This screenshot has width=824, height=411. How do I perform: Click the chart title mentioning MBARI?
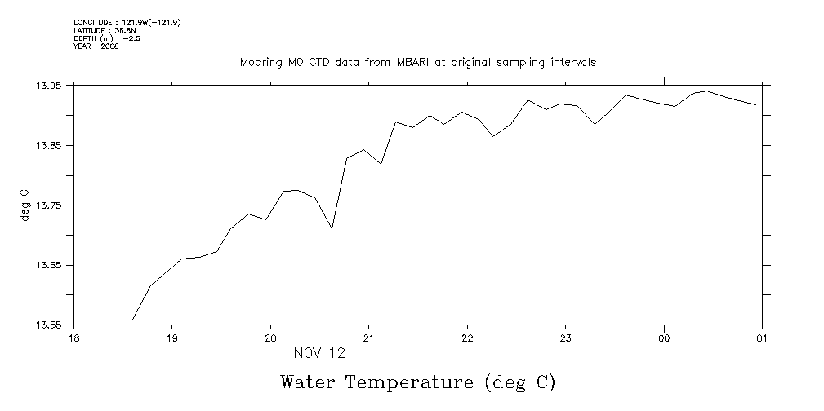(x=417, y=62)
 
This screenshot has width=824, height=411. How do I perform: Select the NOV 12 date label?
(x=319, y=354)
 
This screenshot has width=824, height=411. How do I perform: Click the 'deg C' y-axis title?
(x=24, y=205)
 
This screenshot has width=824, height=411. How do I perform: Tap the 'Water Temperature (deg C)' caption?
(x=417, y=382)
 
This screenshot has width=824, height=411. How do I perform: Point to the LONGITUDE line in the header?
(x=127, y=23)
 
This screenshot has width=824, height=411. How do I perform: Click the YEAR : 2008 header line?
(x=96, y=47)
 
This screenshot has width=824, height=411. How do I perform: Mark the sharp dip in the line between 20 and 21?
(x=332, y=228)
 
